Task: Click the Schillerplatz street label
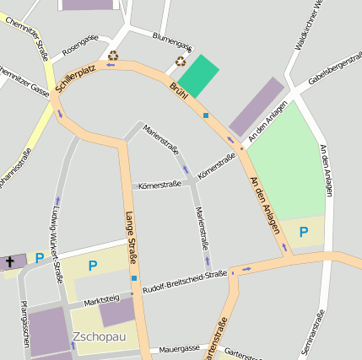pyautogui.click(x=73, y=77)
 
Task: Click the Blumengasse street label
pyautogui.click(x=172, y=41)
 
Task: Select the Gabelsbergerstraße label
pyautogui.click(x=330, y=73)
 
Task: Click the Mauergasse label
pyautogui.click(x=180, y=347)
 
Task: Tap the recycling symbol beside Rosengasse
pyautogui.click(x=113, y=56)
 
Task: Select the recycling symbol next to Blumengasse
pyautogui.click(x=181, y=61)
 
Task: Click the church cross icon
pyautogui.click(x=10, y=261)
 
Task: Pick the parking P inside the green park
pyautogui.click(x=304, y=230)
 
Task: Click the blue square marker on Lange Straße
pyautogui.click(x=133, y=277)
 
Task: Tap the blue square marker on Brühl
pyautogui.click(x=205, y=115)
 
